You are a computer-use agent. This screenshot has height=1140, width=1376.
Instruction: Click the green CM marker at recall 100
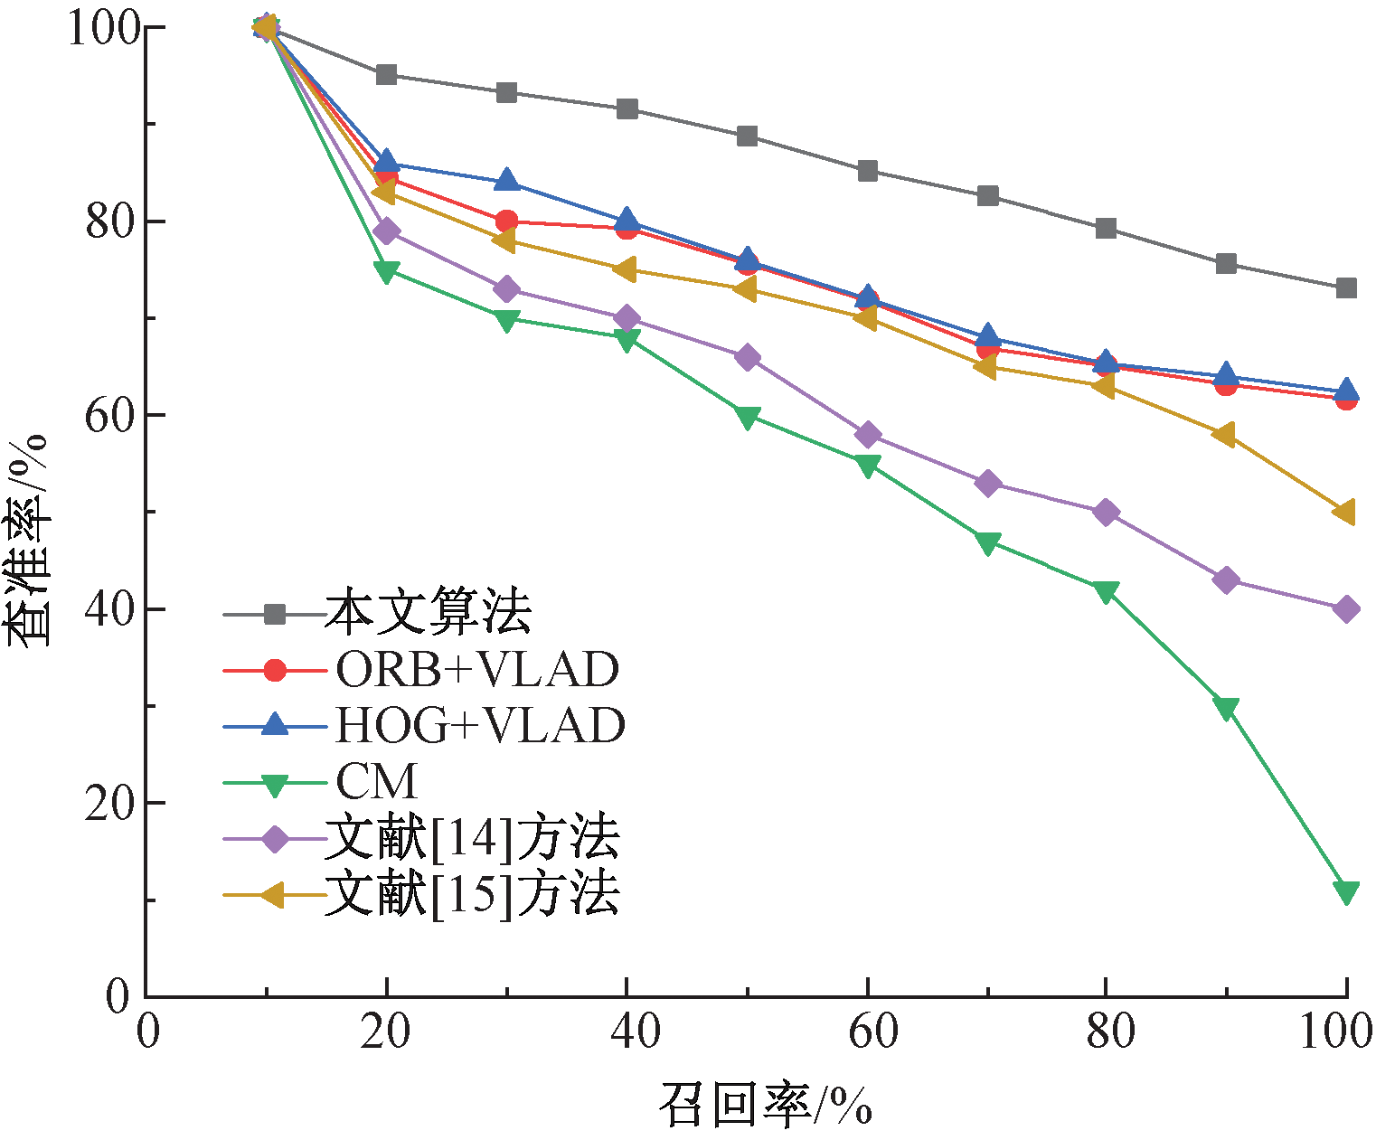[1345, 891]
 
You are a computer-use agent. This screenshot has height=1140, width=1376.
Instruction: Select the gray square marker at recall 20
[386, 74]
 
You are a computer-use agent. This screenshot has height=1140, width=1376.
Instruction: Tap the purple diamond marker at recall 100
[1345, 608]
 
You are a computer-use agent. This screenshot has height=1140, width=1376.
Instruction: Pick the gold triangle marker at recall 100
[1344, 512]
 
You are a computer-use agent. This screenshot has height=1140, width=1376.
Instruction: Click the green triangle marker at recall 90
[1226, 707]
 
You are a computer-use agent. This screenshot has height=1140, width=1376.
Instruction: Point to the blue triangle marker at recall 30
[506, 181]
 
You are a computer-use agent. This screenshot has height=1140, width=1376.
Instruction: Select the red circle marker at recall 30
[506, 221]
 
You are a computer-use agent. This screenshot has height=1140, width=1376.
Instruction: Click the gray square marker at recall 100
[1345, 288]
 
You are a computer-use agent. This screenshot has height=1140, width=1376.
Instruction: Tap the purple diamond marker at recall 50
[747, 357]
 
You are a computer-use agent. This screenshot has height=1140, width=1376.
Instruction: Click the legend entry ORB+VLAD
[477, 670]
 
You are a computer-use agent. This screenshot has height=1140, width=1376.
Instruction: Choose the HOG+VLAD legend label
[480, 725]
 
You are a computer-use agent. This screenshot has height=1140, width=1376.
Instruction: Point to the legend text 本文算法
[429, 613]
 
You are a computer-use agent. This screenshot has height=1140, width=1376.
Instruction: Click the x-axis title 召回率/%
[765, 1104]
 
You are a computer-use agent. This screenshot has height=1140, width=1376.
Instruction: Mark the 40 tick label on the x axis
[627, 1032]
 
